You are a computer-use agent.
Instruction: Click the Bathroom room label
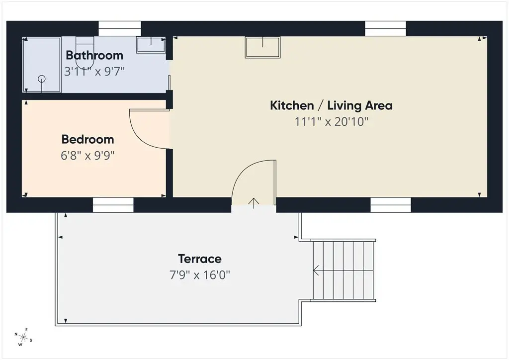[x=94, y=55]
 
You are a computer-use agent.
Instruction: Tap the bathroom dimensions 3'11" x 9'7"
[x=94, y=72]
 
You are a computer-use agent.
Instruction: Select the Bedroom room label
[x=87, y=139]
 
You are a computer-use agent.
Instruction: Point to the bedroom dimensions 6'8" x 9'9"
[x=87, y=156]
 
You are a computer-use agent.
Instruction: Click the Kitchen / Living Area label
[x=331, y=105]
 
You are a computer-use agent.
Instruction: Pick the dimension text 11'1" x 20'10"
[x=332, y=122]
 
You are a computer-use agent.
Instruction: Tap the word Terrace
[x=200, y=259]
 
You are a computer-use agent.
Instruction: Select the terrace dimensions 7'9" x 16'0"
[x=200, y=275]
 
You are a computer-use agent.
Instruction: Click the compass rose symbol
[x=23, y=337]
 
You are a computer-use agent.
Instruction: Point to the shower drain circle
[x=42, y=79]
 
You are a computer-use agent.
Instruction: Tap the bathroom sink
[x=151, y=45]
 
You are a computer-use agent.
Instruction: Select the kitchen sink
[x=262, y=47]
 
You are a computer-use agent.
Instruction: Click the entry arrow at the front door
[x=254, y=203]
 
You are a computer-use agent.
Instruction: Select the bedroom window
[x=113, y=205]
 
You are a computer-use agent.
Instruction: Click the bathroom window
[x=120, y=28]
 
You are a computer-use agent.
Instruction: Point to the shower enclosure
[x=42, y=65]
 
